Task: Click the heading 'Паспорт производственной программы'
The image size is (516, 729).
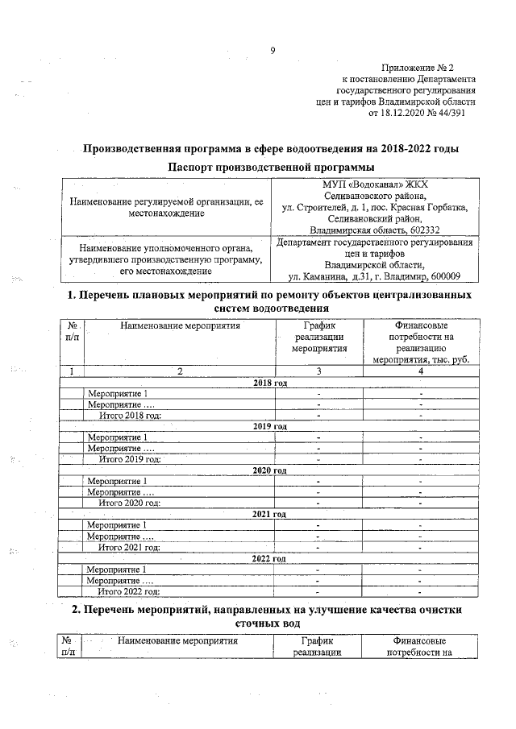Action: (271, 167)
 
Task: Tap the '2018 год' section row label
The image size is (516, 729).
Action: (271, 382)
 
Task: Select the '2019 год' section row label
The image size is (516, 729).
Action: (271, 426)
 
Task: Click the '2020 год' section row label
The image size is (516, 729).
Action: (271, 470)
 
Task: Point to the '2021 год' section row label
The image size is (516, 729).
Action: (271, 513)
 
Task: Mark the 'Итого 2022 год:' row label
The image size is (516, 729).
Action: (129, 590)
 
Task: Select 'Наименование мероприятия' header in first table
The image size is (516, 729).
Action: (180, 326)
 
